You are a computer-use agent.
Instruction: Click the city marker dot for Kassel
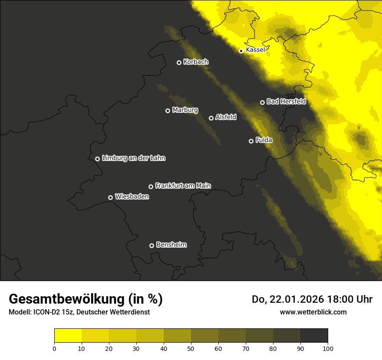[241, 51]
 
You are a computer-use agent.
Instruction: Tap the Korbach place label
[196, 62]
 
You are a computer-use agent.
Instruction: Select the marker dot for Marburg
[168, 111]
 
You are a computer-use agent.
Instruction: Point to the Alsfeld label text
[226, 117]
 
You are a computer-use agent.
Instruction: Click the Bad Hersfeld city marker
[262, 102]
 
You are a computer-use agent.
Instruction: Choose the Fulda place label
[264, 140]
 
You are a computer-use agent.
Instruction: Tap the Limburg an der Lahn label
[133, 158]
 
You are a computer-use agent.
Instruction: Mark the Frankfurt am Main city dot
[151, 187]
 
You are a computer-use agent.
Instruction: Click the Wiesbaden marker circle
[110, 197]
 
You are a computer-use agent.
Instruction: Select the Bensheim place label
[171, 245]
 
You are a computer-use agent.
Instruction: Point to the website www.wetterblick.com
[313, 312]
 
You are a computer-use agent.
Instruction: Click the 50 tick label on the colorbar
[191, 348]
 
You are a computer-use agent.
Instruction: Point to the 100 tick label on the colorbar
[328, 348]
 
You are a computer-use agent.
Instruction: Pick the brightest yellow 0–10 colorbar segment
[68, 336]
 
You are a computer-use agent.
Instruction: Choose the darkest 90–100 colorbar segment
[314, 336]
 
